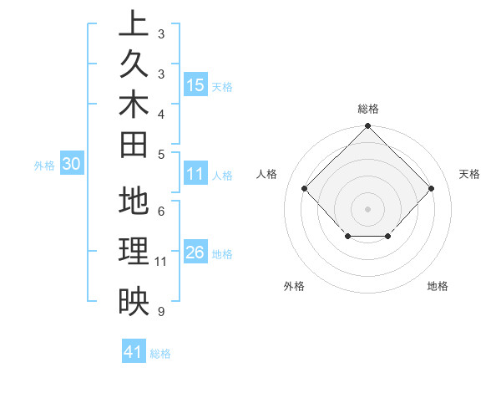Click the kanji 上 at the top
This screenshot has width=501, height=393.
134,24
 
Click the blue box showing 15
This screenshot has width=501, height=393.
195,85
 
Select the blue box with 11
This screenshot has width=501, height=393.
195,175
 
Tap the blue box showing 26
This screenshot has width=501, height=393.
195,253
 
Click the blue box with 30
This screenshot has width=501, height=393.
72,165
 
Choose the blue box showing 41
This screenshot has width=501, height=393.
134,352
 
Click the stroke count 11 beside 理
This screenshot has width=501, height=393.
160,262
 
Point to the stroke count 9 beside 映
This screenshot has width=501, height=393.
160,312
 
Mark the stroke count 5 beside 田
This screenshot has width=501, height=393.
160,153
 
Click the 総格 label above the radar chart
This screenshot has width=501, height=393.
367,109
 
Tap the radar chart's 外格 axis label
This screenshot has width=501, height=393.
294,286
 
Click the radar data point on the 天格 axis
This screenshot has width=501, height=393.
431,188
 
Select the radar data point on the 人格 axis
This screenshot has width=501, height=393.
304,188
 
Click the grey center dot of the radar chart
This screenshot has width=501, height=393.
367,208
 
